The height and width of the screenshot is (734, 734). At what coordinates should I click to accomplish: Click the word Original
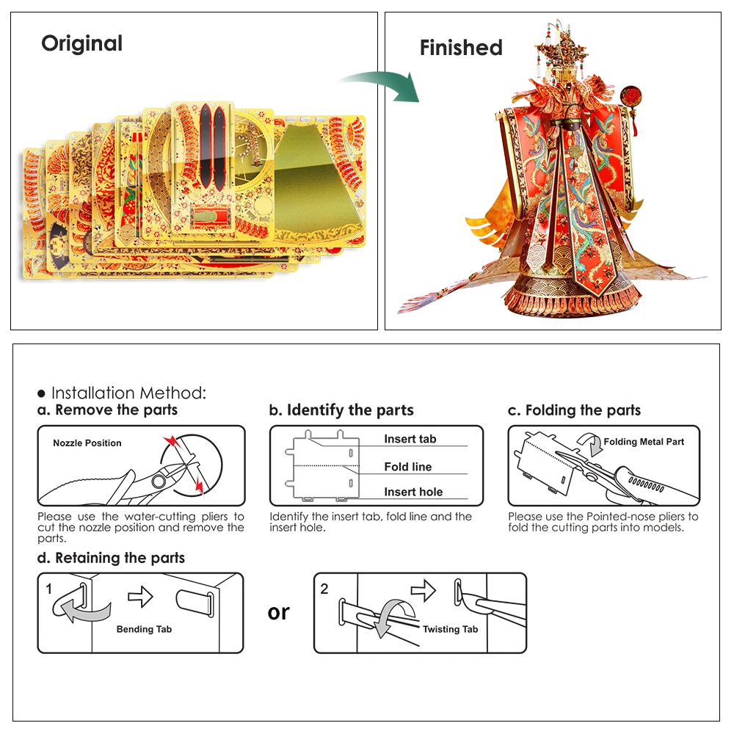[81, 44]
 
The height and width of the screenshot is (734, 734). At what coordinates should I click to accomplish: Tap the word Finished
[461, 48]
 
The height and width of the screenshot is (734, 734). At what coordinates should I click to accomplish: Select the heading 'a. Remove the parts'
[108, 410]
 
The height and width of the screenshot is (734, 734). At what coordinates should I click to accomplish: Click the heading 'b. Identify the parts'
[341, 410]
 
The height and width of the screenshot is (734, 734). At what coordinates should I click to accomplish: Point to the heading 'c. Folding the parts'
[574, 410]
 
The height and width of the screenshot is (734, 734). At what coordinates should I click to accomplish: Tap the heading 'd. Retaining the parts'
[111, 558]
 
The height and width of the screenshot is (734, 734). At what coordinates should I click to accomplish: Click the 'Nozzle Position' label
[87, 443]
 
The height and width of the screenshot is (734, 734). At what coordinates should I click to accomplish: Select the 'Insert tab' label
[410, 439]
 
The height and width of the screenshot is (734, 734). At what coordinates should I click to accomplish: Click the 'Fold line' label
[408, 467]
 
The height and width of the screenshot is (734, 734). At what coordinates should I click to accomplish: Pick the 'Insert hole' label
[413, 493]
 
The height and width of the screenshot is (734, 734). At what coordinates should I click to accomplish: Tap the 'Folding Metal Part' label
[644, 442]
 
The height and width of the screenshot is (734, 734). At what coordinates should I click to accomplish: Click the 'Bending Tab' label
[145, 629]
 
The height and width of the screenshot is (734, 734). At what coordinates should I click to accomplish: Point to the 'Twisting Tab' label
[450, 629]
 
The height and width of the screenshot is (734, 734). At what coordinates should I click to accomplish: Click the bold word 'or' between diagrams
[279, 612]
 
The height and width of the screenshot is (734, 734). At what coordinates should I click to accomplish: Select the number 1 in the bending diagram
[49, 589]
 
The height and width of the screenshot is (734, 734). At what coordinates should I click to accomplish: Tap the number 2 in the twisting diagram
[324, 589]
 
